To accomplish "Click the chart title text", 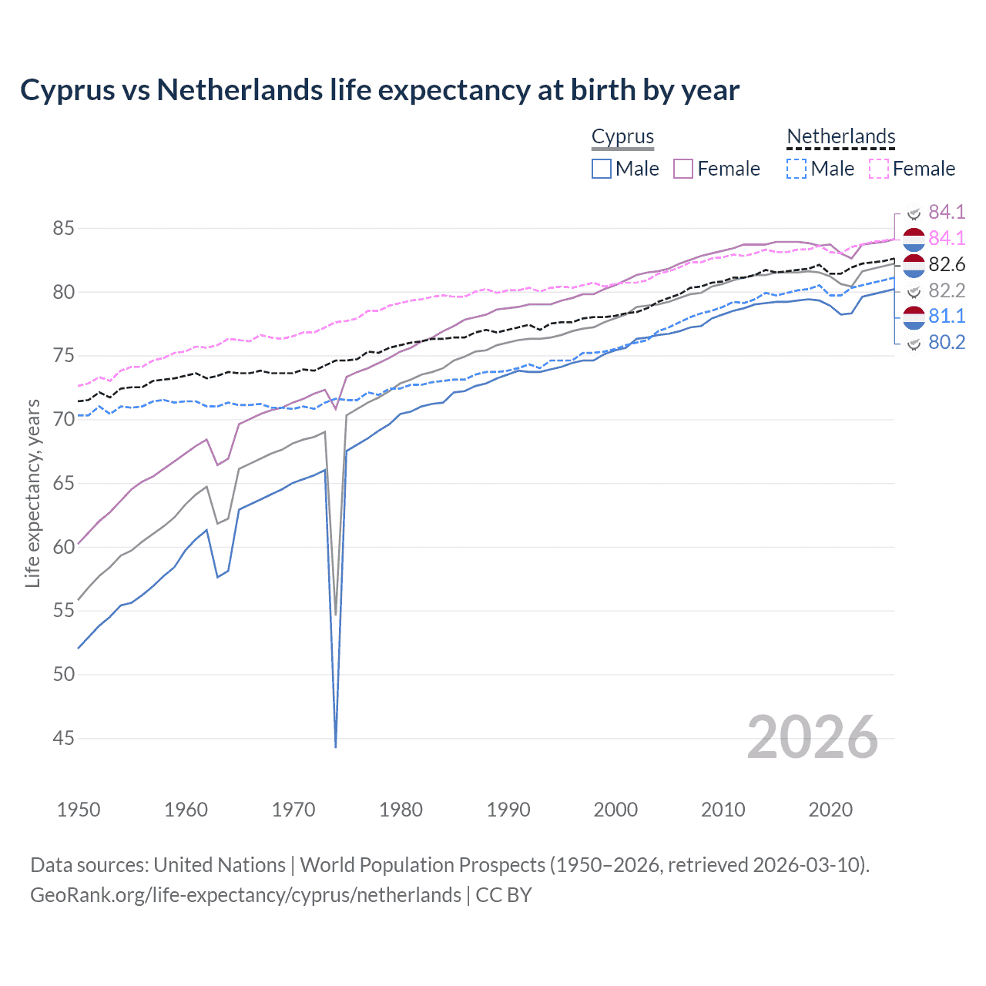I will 380,90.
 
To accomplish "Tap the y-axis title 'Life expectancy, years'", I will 32,493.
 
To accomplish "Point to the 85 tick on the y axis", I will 63,229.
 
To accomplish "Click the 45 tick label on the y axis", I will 63,738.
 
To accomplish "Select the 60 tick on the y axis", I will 63,547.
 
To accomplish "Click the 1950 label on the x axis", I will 79,810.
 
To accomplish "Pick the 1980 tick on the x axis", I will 401,810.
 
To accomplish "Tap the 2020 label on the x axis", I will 830,810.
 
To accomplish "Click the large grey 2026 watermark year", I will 812,737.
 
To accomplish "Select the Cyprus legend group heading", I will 622,137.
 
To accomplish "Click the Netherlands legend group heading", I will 840,137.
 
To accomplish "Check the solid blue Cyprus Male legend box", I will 602,169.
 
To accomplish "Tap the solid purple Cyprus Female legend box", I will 683,169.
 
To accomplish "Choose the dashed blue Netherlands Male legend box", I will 797,169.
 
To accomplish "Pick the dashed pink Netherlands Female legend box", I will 878,169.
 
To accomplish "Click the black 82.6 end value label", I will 947,265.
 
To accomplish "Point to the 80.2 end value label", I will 947,343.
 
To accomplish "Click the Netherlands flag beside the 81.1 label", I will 914,317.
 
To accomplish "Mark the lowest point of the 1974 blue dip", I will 336,746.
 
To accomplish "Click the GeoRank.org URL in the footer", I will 245,895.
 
